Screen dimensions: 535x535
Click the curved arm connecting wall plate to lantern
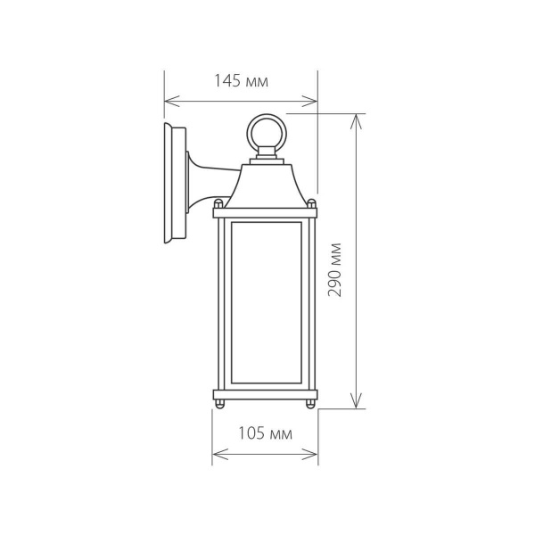pyautogui.click(x=210, y=174)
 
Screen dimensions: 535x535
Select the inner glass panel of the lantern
pyautogui.click(x=265, y=303)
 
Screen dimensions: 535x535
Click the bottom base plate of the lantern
pyautogui.click(x=265, y=396)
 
